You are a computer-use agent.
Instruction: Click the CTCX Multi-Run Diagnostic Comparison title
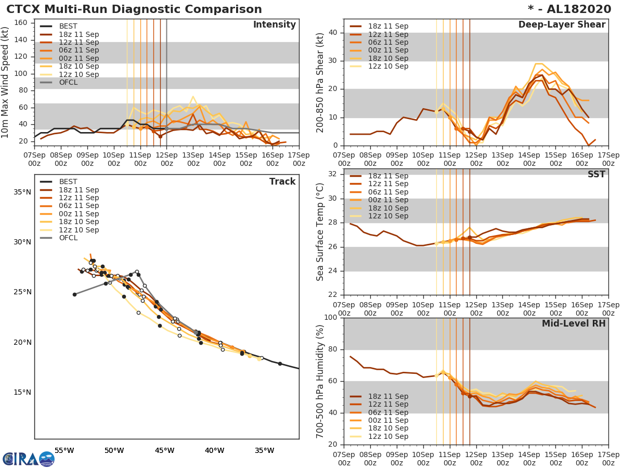tap(134, 9)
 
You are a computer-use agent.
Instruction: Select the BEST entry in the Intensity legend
tap(68, 27)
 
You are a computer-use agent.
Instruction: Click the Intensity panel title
tap(274, 25)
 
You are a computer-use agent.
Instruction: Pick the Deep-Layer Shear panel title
tap(562, 25)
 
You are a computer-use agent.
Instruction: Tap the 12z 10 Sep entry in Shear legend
tap(388, 67)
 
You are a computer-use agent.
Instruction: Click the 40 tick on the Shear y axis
tap(333, 33)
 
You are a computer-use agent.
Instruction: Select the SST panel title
tap(596, 174)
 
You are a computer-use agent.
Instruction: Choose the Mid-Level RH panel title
tap(574, 323)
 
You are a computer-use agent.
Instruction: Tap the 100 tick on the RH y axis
tap(330, 317)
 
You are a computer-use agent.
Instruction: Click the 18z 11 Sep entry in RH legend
tap(388, 396)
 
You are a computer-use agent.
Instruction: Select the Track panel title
tap(282, 181)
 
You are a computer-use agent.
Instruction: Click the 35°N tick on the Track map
tap(23, 192)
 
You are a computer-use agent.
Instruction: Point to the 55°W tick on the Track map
tap(64, 450)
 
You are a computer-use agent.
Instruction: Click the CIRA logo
tap(28, 459)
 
